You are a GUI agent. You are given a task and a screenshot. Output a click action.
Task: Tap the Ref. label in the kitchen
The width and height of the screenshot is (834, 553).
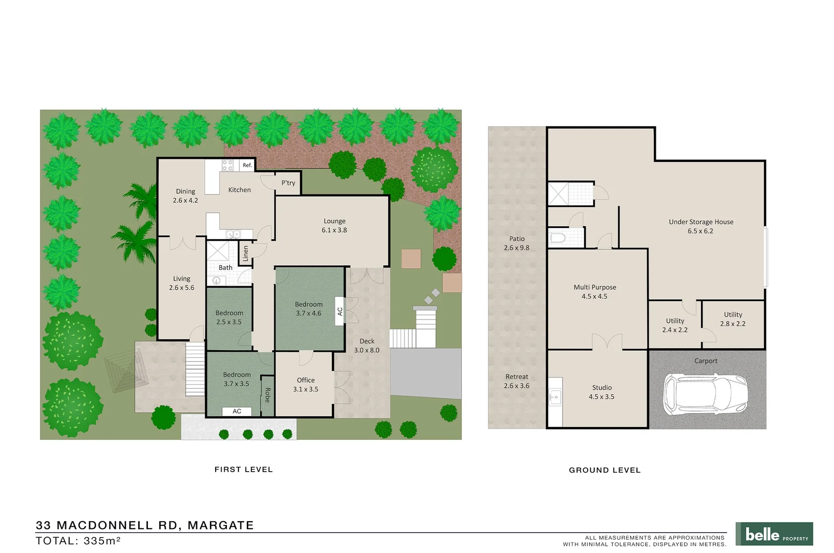tap(247, 165)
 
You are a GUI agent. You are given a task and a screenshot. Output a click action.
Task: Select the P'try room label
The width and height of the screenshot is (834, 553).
tap(288, 183)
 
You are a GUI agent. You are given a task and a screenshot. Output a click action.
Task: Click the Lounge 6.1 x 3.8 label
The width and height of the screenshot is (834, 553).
tap(334, 226)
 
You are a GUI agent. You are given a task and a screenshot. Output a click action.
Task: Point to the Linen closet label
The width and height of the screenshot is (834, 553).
tap(246, 253)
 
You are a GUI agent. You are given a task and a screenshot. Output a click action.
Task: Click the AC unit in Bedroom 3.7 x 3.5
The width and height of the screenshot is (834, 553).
tap(237, 411)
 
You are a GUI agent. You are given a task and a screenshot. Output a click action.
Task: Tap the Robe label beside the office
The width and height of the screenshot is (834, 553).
tap(267, 395)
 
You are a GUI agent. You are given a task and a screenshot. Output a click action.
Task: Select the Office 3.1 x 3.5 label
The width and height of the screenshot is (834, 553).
tap(306, 385)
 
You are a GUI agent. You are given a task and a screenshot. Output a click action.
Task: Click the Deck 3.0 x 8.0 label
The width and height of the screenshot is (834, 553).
tap(367, 346)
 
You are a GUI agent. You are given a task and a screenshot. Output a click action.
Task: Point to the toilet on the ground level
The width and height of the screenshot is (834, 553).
tap(558, 238)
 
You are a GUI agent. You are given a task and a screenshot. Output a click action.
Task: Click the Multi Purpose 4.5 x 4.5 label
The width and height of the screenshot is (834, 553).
tap(594, 292)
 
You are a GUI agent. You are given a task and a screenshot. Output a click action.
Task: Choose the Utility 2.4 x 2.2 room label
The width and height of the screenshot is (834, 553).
tap(675, 325)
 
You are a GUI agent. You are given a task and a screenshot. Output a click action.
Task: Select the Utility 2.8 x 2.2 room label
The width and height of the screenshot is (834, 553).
tap(733, 319)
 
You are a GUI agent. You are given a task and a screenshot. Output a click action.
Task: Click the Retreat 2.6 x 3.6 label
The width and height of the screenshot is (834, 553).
tap(517, 381)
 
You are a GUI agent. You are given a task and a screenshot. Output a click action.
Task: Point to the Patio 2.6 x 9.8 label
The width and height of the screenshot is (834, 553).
tap(517, 243)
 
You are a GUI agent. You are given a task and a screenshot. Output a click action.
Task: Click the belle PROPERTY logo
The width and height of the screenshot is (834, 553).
tap(774, 534)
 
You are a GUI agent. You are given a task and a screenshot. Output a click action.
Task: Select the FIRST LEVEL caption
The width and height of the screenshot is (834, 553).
tap(244, 470)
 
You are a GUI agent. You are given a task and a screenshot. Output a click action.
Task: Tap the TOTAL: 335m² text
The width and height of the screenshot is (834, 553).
tap(78, 541)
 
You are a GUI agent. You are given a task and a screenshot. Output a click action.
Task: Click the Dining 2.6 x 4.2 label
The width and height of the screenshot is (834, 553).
tap(185, 196)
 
